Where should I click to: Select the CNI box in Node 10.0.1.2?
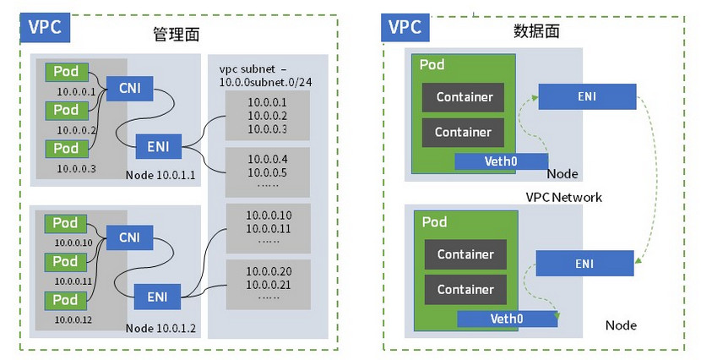(x=129, y=237)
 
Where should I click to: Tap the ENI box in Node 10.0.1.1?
(x=157, y=146)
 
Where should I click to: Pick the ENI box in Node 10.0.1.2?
(x=157, y=297)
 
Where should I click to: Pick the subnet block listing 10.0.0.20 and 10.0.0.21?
(x=269, y=284)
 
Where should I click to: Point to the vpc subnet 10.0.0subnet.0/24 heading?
(x=264, y=74)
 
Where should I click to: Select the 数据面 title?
(x=536, y=31)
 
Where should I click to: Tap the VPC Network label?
(x=563, y=197)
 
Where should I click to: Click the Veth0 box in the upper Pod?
(x=501, y=161)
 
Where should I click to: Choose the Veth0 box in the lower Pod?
(x=506, y=319)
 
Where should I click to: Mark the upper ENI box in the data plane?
(x=586, y=96)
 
